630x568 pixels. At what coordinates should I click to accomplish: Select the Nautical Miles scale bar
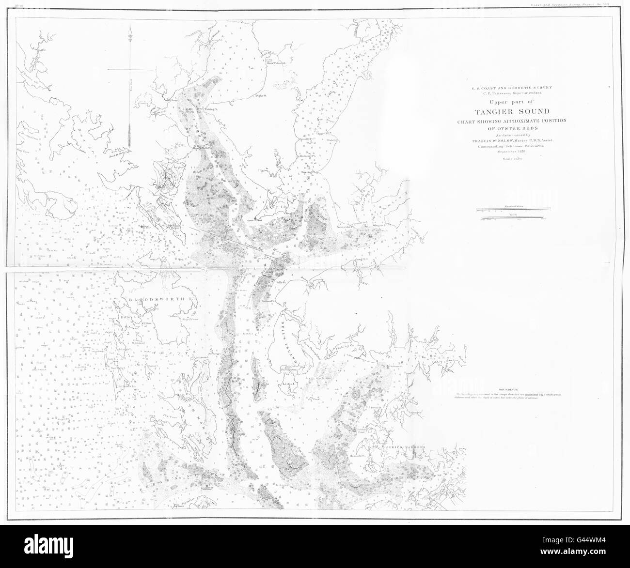point(514,209)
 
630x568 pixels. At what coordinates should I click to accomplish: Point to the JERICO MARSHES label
point(407,434)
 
